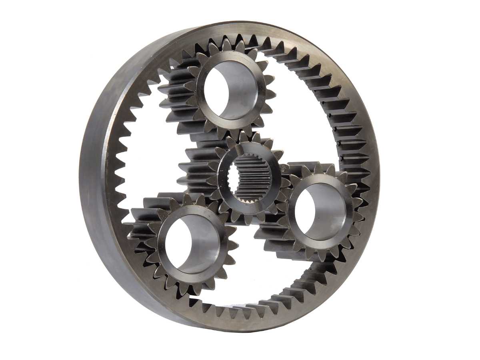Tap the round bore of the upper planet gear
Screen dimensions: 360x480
coord(231,90)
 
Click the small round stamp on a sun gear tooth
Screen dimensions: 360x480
coord(283,167)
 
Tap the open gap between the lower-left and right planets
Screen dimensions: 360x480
coord(256,272)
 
